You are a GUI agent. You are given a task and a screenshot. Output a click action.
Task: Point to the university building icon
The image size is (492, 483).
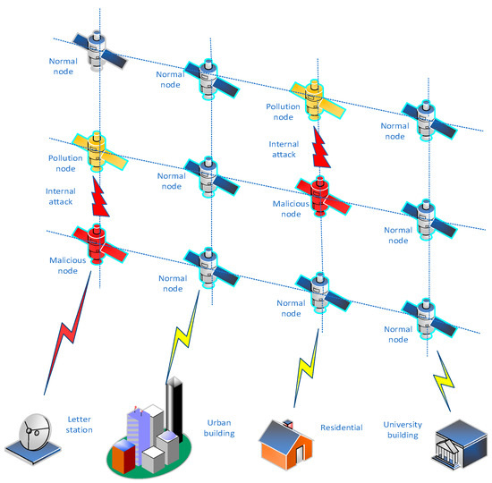(451, 446)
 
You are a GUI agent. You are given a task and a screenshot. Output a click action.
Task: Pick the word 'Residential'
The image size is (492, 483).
(342, 428)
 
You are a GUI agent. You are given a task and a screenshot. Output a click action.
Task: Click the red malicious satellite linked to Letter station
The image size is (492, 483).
(98, 243)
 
